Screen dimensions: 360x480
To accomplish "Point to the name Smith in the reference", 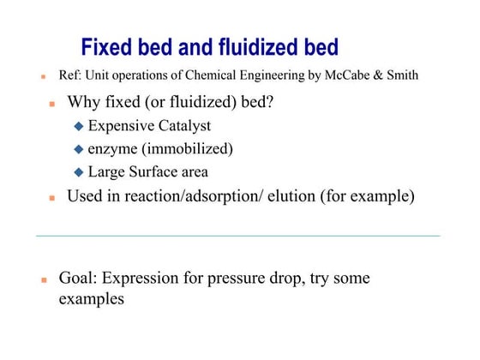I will tap(400, 75).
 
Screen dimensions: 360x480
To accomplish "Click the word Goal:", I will tap(78, 279).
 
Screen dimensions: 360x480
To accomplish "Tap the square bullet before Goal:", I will tap(43, 280).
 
